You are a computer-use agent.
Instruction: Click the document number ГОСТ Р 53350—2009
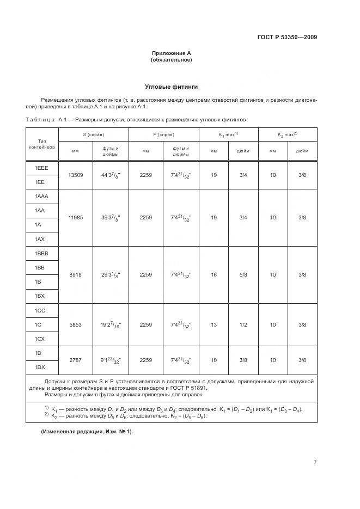pyautogui.click(x=287, y=37)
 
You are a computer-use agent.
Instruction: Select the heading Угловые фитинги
pyautogui.click(x=171, y=87)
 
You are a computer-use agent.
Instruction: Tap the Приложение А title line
pyautogui.click(x=171, y=53)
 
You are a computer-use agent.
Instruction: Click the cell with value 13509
pyautogui.click(x=75, y=175)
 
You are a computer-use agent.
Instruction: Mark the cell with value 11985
pyautogui.click(x=75, y=217)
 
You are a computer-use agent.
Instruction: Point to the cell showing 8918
pyautogui.click(x=75, y=275)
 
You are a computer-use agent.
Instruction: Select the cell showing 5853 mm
pyautogui.click(x=75, y=324)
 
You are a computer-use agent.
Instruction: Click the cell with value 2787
pyautogui.click(x=75, y=360)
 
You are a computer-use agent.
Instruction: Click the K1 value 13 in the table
pyautogui.click(x=213, y=324)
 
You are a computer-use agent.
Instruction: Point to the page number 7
pyautogui.click(x=315, y=462)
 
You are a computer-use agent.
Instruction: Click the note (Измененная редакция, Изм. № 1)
pyautogui.click(x=87, y=431)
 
